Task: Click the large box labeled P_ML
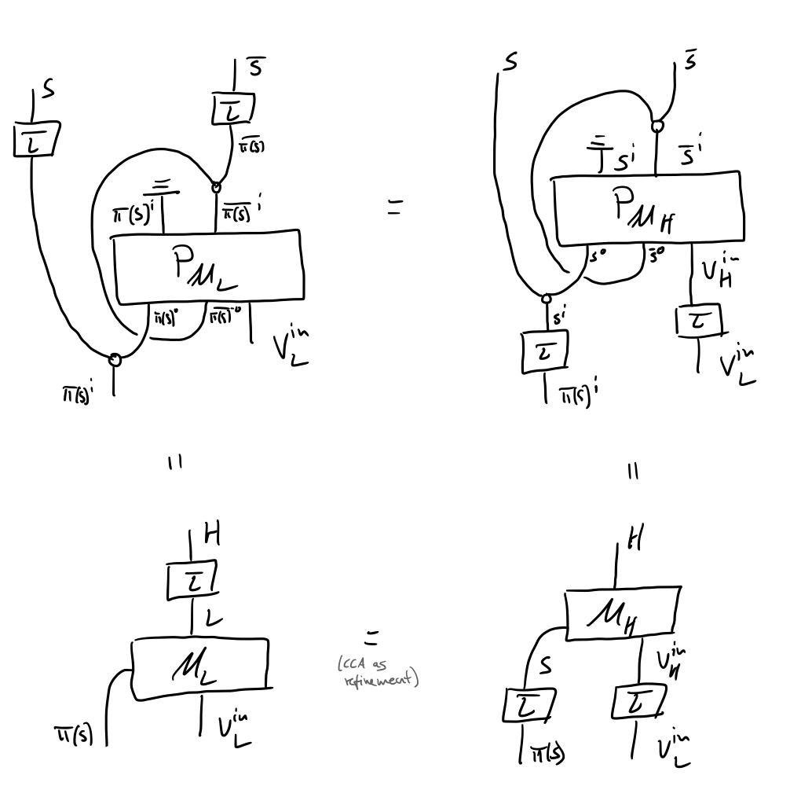(207, 266)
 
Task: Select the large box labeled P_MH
(647, 209)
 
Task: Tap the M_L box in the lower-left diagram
(199, 667)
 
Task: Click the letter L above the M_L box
(213, 619)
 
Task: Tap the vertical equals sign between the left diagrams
(176, 463)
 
